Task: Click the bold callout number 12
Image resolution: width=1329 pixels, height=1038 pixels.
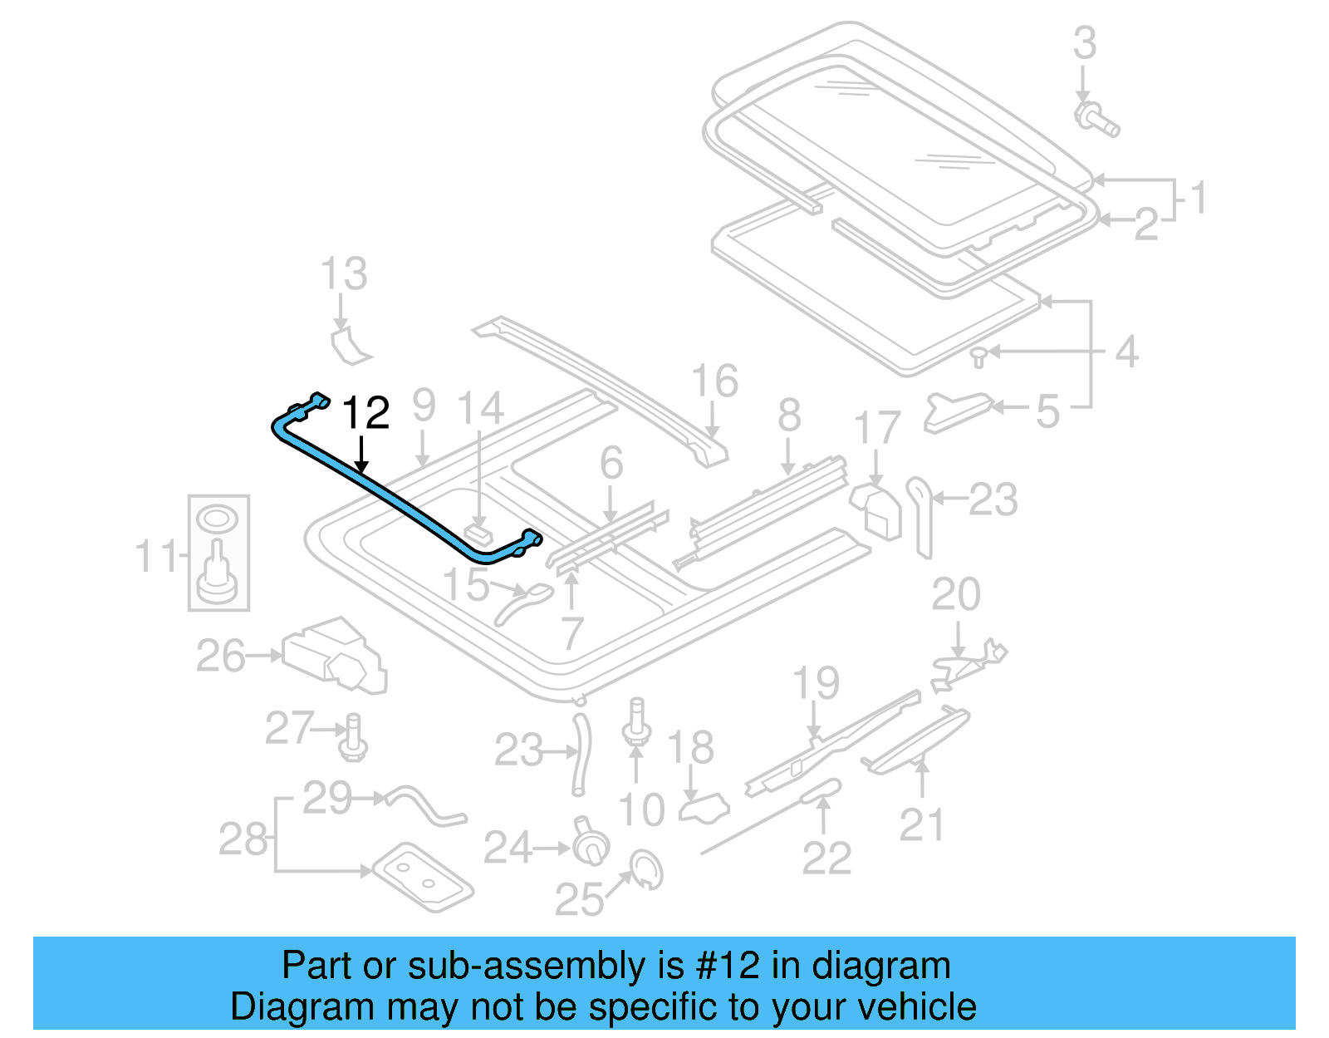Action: (x=365, y=413)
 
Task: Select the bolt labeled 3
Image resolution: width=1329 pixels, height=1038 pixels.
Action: (x=1096, y=119)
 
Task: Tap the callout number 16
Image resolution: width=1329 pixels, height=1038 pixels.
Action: (x=714, y=381)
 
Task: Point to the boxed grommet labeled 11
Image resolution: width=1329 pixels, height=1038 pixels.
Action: (x=218, y=552)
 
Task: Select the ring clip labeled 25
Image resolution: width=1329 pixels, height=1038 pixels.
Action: (x=646, y=868)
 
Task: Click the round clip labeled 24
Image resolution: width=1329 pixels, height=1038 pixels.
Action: (x=591, y=843)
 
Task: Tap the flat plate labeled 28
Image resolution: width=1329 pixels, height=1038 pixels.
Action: (x=423, y=876)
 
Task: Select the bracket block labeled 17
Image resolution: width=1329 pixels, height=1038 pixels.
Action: (x=877, y=509)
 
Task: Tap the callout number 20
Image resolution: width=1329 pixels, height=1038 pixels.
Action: (x=955, y=594)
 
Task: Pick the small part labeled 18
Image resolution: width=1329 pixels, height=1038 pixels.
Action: (x=704, y=807)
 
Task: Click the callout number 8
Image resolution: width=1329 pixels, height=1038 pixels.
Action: (x=789, y=415)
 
